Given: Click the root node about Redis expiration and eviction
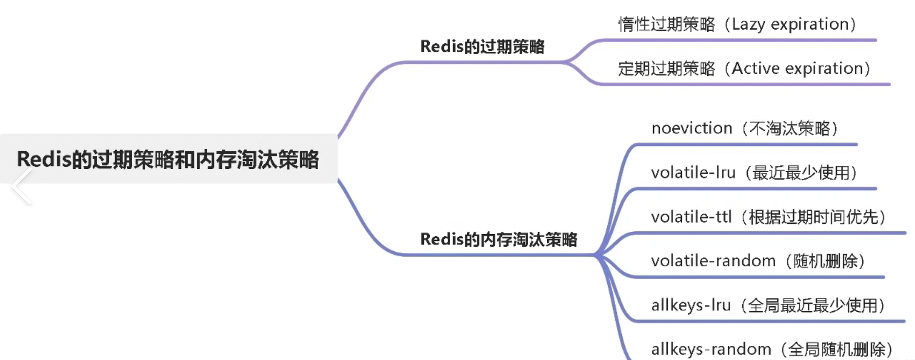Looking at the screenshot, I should pyautogui.click(x=168, y=160).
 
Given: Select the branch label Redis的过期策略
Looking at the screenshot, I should pyautogui.click(x=482, y=47).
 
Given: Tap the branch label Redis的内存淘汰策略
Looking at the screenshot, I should pyautogui.click(x=498, y=240).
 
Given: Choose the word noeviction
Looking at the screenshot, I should pyautogui.click(x=692, y=128).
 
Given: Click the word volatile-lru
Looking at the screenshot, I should pyautogui.click(x=693, y=173).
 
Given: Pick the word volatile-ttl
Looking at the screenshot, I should pyautogui.click(x=691, y=217).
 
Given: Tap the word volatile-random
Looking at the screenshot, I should pyautogui.click(x=713, y=261).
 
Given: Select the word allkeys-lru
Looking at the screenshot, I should pyautogui.click(x=691, y=305).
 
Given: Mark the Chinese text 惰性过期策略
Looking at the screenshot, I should pyautogui.click(x=666, y=24).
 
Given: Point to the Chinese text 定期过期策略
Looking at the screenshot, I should pyautogui.click(x=666, y=69).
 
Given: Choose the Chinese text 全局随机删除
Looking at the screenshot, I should pyautogui.click(x=836, y=349).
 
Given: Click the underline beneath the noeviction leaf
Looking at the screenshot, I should pyautogui.click(x=746, y=144).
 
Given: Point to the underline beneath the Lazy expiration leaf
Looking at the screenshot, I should pyautogui.click(x=736, y=40).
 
